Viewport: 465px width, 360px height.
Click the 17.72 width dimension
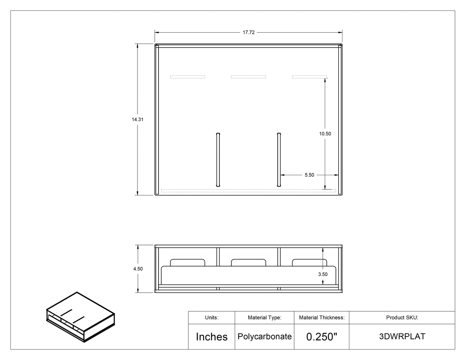pyautogui.click(x=249, y=33)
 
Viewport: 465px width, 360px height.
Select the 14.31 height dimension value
pyautogui.click(x=138, y=120)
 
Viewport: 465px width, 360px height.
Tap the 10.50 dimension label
pyautogui.click(x=325, y=134)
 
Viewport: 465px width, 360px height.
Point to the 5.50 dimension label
pyautogui.click(x=309, y=175)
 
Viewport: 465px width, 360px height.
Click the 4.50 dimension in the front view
pyautogui.click(x=138, y=269)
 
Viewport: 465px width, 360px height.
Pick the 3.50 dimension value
pyautogui.click(x=323, y=274)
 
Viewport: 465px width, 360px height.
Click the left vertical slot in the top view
pyautogui.click(x=218, y=159)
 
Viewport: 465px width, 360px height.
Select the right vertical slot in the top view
pyautogui.click(x=279, y=159)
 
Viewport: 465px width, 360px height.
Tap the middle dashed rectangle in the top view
pyautogui.click(x=249, y=77)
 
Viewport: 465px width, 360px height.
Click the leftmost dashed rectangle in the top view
pyautogui.click(x=188, y=77)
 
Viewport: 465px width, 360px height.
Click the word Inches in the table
pyautogui.click(x=211, y=337)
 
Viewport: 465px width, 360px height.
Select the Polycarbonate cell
pyautogui.click(x=265, y=337)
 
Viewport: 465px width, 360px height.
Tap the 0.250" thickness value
pyautogui.click(x=322, y=337)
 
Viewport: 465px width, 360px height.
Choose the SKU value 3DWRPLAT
pyautogui.click(x=402, y=337)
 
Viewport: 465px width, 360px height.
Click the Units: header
pyautogui.click(x=211, y=317)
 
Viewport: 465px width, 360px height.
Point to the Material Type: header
pyautogui.click(x=265, y=317)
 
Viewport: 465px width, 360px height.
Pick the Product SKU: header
pyautogui.click(x=402, y=317)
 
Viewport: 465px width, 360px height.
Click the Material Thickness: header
pyautogui.click(x=322, y=317)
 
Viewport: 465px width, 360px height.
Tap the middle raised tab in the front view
pyautogui.click(x=249, y=263)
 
